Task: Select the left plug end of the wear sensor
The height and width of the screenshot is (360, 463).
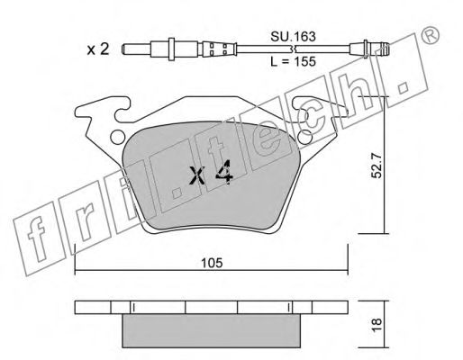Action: (135, 49)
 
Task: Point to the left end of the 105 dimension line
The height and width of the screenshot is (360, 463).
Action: (74, 269)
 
